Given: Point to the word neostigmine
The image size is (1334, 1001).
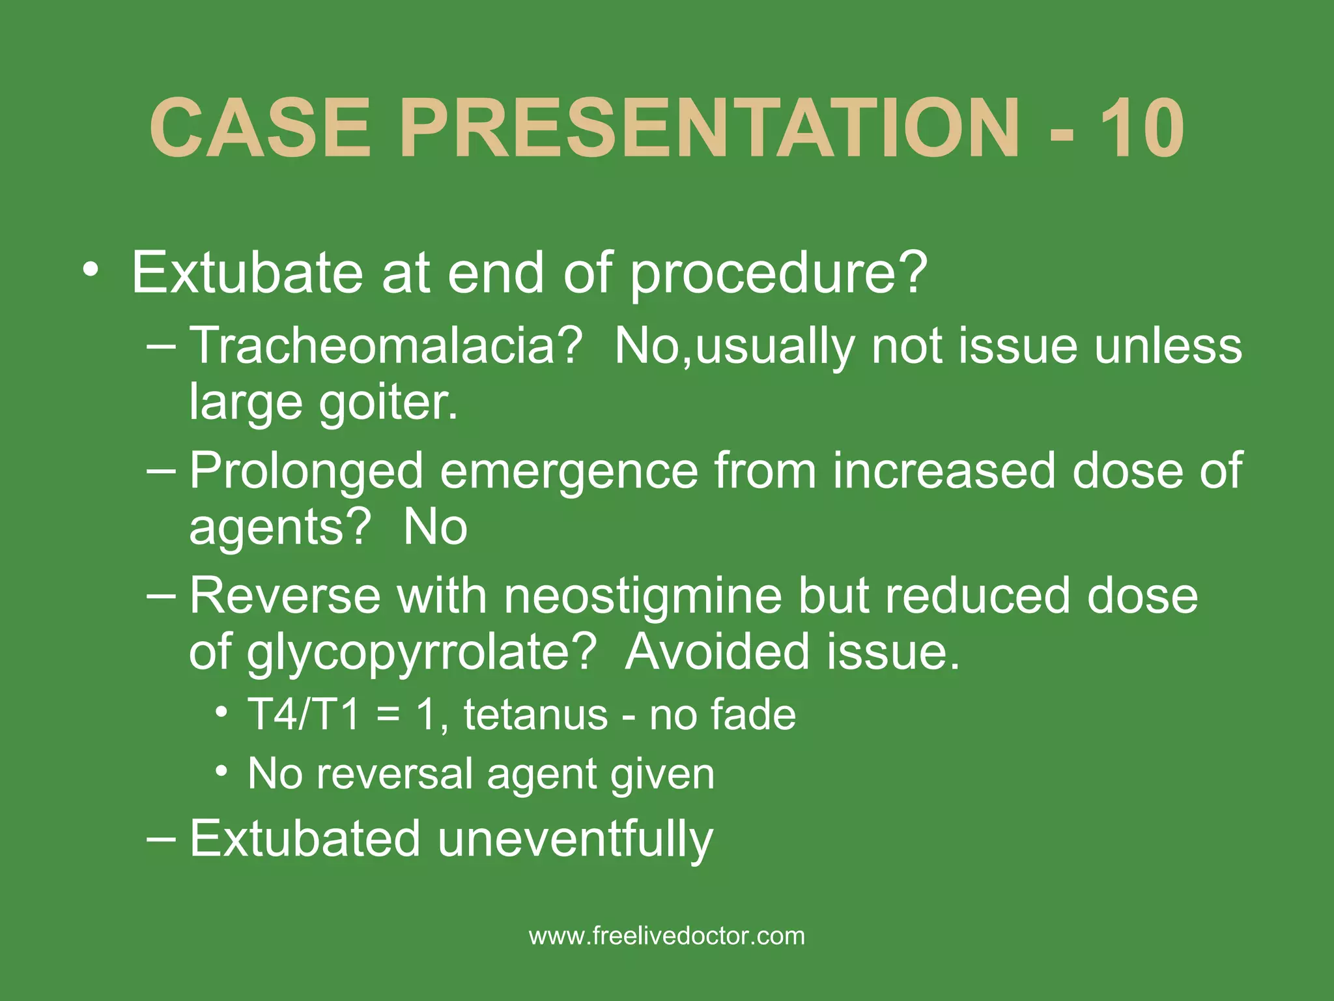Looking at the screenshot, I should pyautogui.click(x=643, y=596).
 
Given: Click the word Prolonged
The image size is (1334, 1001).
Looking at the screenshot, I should pyautogui.click(x=306, y=471).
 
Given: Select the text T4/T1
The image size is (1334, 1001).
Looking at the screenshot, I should pyautogui.click(x=304, y=715).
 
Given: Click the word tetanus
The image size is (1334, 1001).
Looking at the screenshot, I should pyautogui.click(x=535, y=715).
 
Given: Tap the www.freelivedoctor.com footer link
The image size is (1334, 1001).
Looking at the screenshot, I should pyautogui.click(x=667, y=936).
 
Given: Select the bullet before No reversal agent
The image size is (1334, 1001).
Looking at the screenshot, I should pyautogui.click(x=222, y=772).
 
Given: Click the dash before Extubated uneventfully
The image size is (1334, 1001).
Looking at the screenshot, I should pyautogui.click(x=161, y=838).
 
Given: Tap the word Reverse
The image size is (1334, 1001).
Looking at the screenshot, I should pyautogui.click(x=285, y=596).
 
